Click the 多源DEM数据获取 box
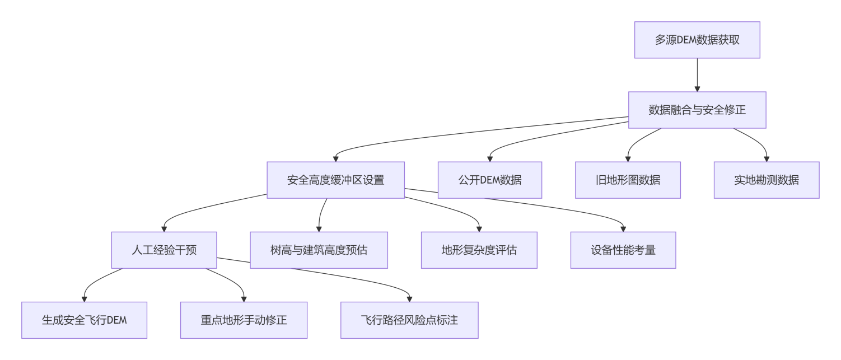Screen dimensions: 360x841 pos(697,40)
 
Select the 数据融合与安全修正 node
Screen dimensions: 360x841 pos(697,110)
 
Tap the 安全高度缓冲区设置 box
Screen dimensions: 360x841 pos(335,180)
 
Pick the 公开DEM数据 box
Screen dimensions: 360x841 pos(489,180)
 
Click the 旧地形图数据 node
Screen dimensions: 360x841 pos(628,180)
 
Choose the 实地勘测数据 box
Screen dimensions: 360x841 pos(766,180)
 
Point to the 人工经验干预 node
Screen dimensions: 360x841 pos(164,250)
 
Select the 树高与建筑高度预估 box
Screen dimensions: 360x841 pos(319,250)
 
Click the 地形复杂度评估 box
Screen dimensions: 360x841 pos(479,250)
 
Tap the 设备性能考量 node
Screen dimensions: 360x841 pos(623,250)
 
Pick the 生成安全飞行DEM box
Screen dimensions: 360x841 pos(84,320)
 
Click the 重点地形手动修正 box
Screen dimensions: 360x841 pos(244,320)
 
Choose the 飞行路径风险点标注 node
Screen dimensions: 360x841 pos(409,320)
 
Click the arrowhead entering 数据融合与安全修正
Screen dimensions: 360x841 pos(697,88)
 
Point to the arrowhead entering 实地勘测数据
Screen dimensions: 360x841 pos(767,158)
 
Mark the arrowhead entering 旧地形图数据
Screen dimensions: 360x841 pos(628,158)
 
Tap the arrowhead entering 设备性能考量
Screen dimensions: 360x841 pos(623,228)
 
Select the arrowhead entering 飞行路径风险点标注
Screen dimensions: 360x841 pos(409,298)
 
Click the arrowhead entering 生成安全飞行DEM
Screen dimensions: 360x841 pos(84,298)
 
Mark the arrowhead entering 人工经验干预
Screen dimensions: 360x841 pos(164,228)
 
